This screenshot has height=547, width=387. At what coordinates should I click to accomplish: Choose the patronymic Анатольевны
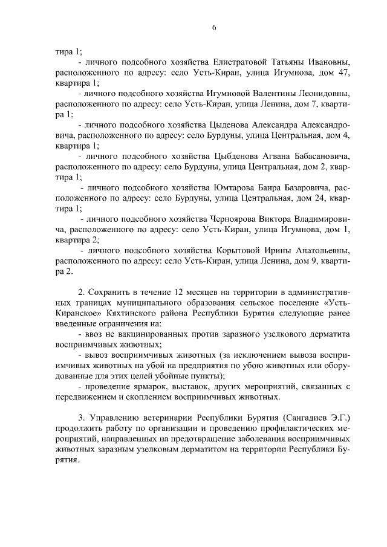[321, 251]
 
